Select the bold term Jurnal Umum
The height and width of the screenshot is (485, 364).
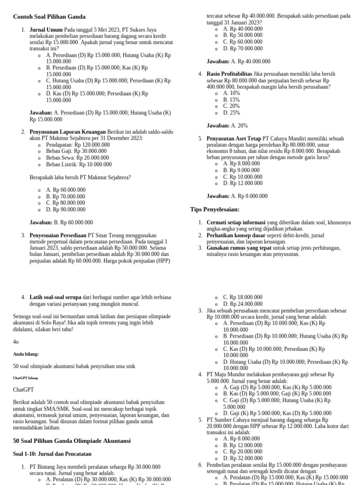click(x=46, y=29)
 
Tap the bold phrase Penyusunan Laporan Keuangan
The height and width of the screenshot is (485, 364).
click(x=68, y=132)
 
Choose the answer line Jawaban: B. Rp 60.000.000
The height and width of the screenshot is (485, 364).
click(x=61, y=222)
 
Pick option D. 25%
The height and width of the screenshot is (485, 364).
click(x=232, y=113)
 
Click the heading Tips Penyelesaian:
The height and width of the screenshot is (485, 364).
click(x=215, y=209)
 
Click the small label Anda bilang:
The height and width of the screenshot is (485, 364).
click(x=26, y=354)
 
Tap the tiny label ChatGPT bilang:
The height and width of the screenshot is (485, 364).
click(x=26, y=378)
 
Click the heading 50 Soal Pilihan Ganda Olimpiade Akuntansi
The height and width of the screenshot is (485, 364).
click(x=72, y=440)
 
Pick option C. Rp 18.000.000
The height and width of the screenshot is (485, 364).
click(x=243, y=297)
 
